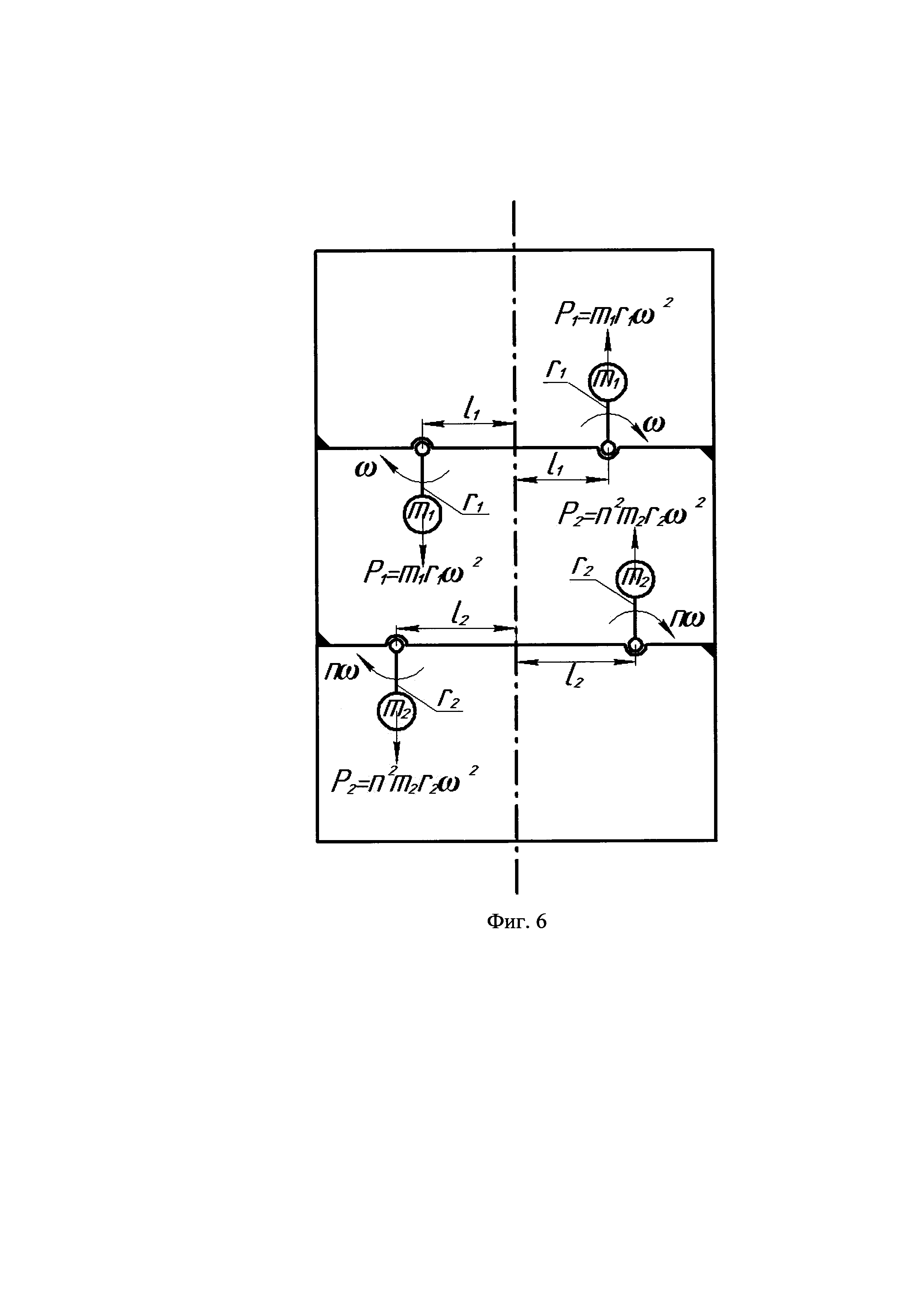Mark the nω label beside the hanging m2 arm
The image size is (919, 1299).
click(342, 671)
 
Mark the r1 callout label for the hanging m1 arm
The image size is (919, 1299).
click(473, 502)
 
